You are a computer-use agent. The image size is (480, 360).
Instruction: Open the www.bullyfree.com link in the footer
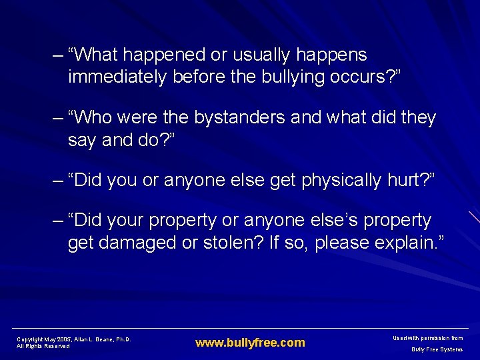click(x=250, y=343)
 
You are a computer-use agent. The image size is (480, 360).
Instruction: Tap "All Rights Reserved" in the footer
click(x=43, y=346)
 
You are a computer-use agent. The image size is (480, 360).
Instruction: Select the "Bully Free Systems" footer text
click(x=437, y=349)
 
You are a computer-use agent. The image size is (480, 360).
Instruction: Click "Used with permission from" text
click(x=429, y=339)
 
